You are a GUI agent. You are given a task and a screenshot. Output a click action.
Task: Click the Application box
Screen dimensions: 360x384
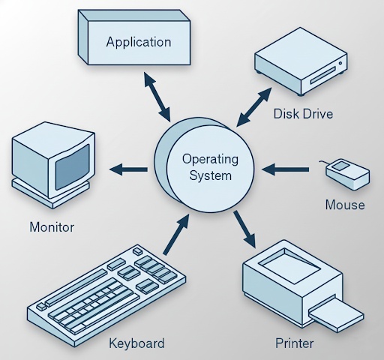click(139, 42)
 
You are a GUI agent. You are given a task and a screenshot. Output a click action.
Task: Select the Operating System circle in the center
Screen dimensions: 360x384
click(211, 167)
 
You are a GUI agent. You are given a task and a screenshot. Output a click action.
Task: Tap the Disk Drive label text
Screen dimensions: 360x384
click(302, 115)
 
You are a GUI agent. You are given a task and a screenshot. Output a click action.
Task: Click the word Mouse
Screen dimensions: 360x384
click(345, 204)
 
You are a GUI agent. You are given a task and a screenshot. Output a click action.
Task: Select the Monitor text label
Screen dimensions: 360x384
click(52, 226)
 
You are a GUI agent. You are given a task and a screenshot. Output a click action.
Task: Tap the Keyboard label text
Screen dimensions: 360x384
click(136, 343)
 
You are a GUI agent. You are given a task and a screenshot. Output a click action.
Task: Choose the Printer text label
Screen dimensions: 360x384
click(294, 343)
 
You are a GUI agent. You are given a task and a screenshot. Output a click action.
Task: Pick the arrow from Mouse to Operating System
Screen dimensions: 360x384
click(285, 170)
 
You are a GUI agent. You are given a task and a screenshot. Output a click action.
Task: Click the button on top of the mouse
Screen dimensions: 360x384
click(341, 165)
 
